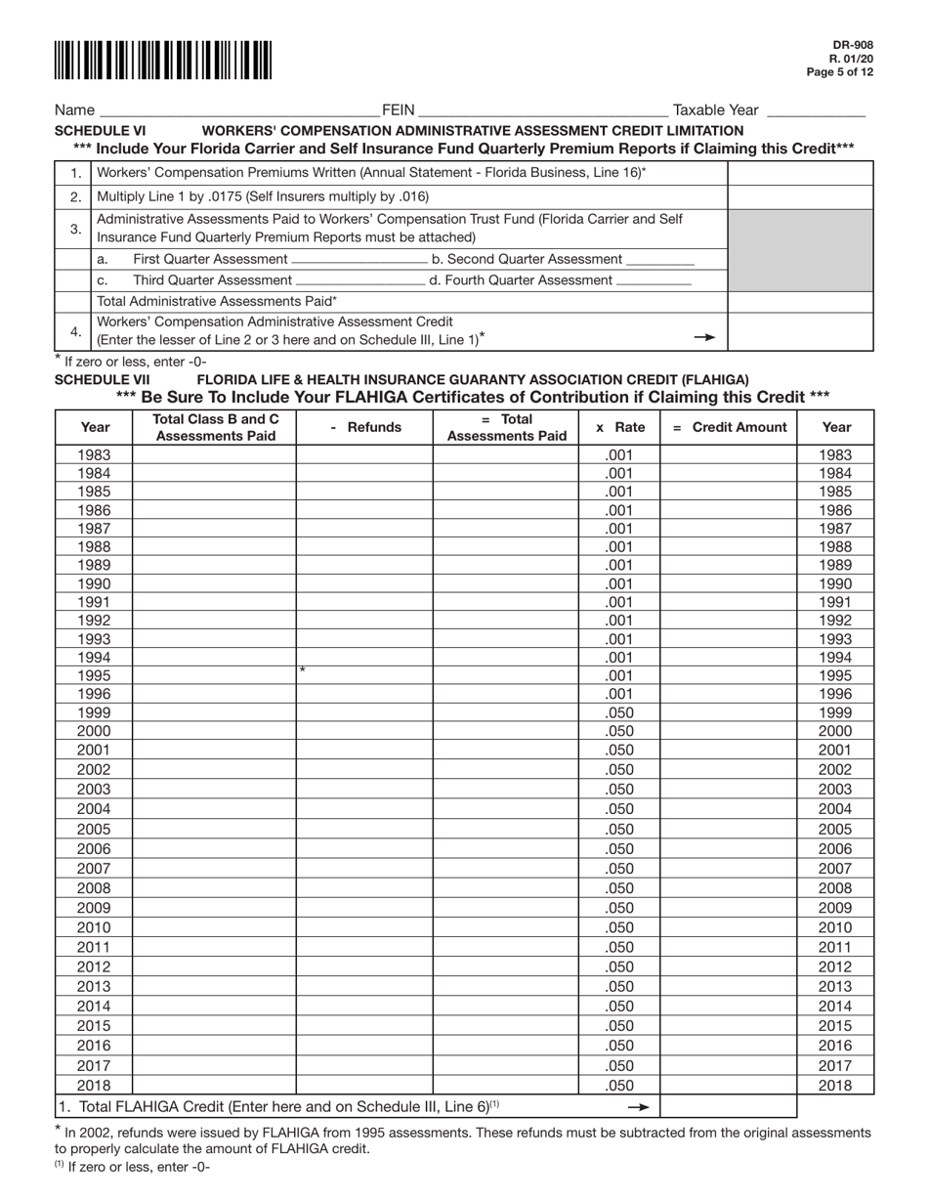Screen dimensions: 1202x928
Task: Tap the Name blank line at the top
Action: point(232,111)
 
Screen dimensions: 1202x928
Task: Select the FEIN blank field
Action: point(541,111)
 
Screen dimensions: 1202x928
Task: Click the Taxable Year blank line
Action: point(816,111)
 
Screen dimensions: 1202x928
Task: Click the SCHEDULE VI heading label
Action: point(101,130)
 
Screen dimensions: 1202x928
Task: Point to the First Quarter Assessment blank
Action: point(359,260)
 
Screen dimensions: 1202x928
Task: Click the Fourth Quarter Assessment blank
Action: point(654,280)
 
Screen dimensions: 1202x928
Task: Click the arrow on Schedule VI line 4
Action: point(703,337)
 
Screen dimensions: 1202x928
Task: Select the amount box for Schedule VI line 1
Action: point(800,172)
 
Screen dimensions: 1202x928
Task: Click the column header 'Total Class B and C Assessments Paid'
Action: point(214,427)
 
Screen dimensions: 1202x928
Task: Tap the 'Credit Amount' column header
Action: point(729,427)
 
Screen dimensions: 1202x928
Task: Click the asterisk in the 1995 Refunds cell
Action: point(303,670)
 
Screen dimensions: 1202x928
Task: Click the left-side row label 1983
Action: point(94,454)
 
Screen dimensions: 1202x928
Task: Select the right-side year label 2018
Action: point(835,1085)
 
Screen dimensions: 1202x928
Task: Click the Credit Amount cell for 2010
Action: point(729,927)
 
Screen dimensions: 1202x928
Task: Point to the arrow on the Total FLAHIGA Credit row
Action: point(638,1106)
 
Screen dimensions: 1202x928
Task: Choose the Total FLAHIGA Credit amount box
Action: point(729,1106)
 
